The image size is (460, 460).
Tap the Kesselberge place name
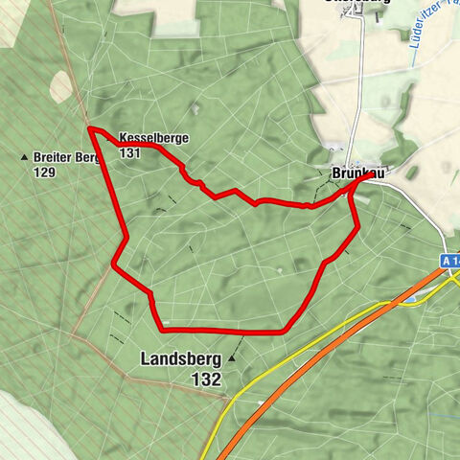coord(154,138)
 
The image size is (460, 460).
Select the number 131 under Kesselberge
coord(131,152)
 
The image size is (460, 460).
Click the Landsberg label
coord(181,359)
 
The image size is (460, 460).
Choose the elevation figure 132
coord(206,379)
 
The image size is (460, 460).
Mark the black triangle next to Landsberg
coord(231,359)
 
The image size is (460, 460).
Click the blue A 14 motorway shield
coord(450,261)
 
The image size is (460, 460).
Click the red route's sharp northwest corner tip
coord(89,127)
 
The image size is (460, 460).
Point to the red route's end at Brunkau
coord(373,174)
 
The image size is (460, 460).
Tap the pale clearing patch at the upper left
coord(60,86)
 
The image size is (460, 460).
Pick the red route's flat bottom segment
coord(220,331)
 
